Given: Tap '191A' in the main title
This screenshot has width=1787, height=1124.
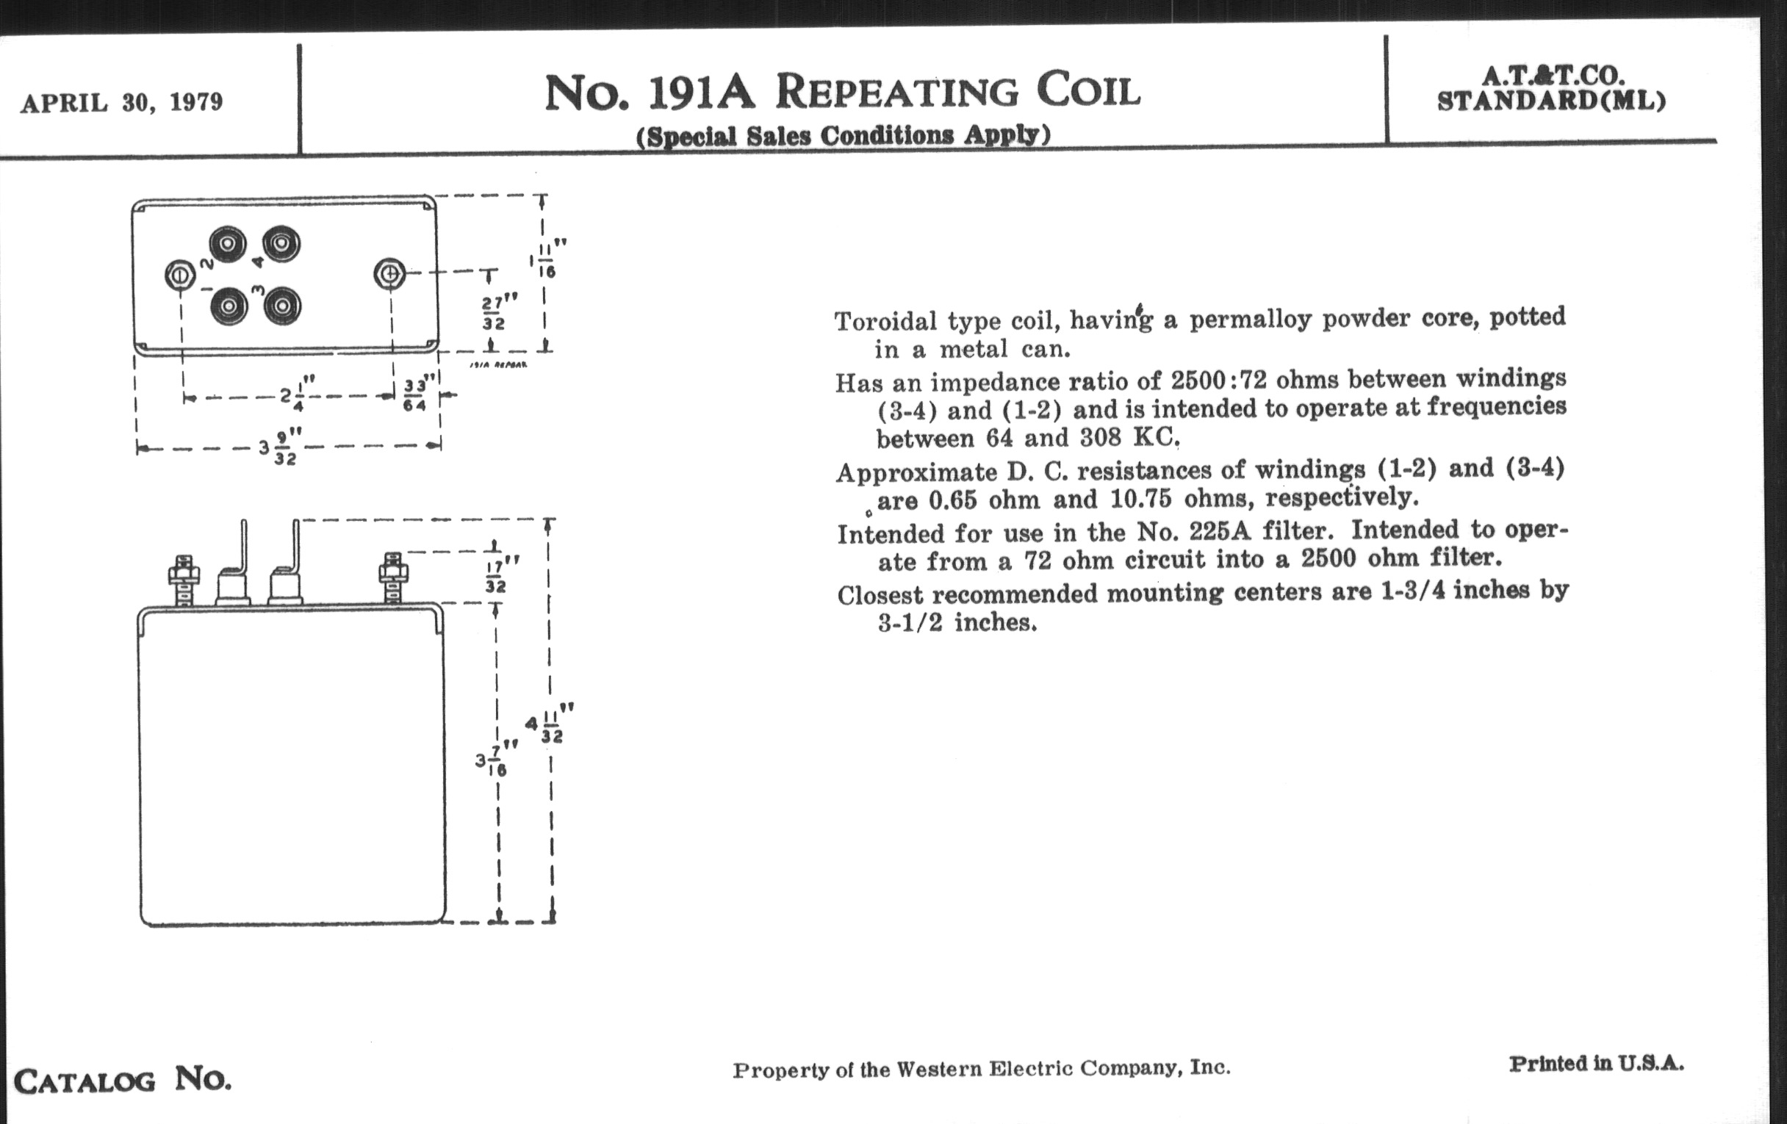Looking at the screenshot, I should (x=701, y=93).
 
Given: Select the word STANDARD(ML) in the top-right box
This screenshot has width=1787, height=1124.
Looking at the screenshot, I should (x=1552, y=101).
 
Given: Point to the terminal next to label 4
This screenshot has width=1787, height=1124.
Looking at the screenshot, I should (x=281, y=243).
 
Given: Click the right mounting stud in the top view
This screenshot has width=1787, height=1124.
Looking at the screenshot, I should (x=389, y=275).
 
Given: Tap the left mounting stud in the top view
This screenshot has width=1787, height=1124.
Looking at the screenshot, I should (x=179, y=276).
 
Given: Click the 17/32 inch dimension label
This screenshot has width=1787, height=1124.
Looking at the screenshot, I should (x=497, y=577).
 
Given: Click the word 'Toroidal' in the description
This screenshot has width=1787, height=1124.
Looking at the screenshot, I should (x=885, y=321).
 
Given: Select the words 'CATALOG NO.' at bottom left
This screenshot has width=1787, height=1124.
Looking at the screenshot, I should (x=123, y=1080).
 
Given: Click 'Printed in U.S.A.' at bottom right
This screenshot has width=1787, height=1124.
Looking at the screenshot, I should (x=1596, y=1064).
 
